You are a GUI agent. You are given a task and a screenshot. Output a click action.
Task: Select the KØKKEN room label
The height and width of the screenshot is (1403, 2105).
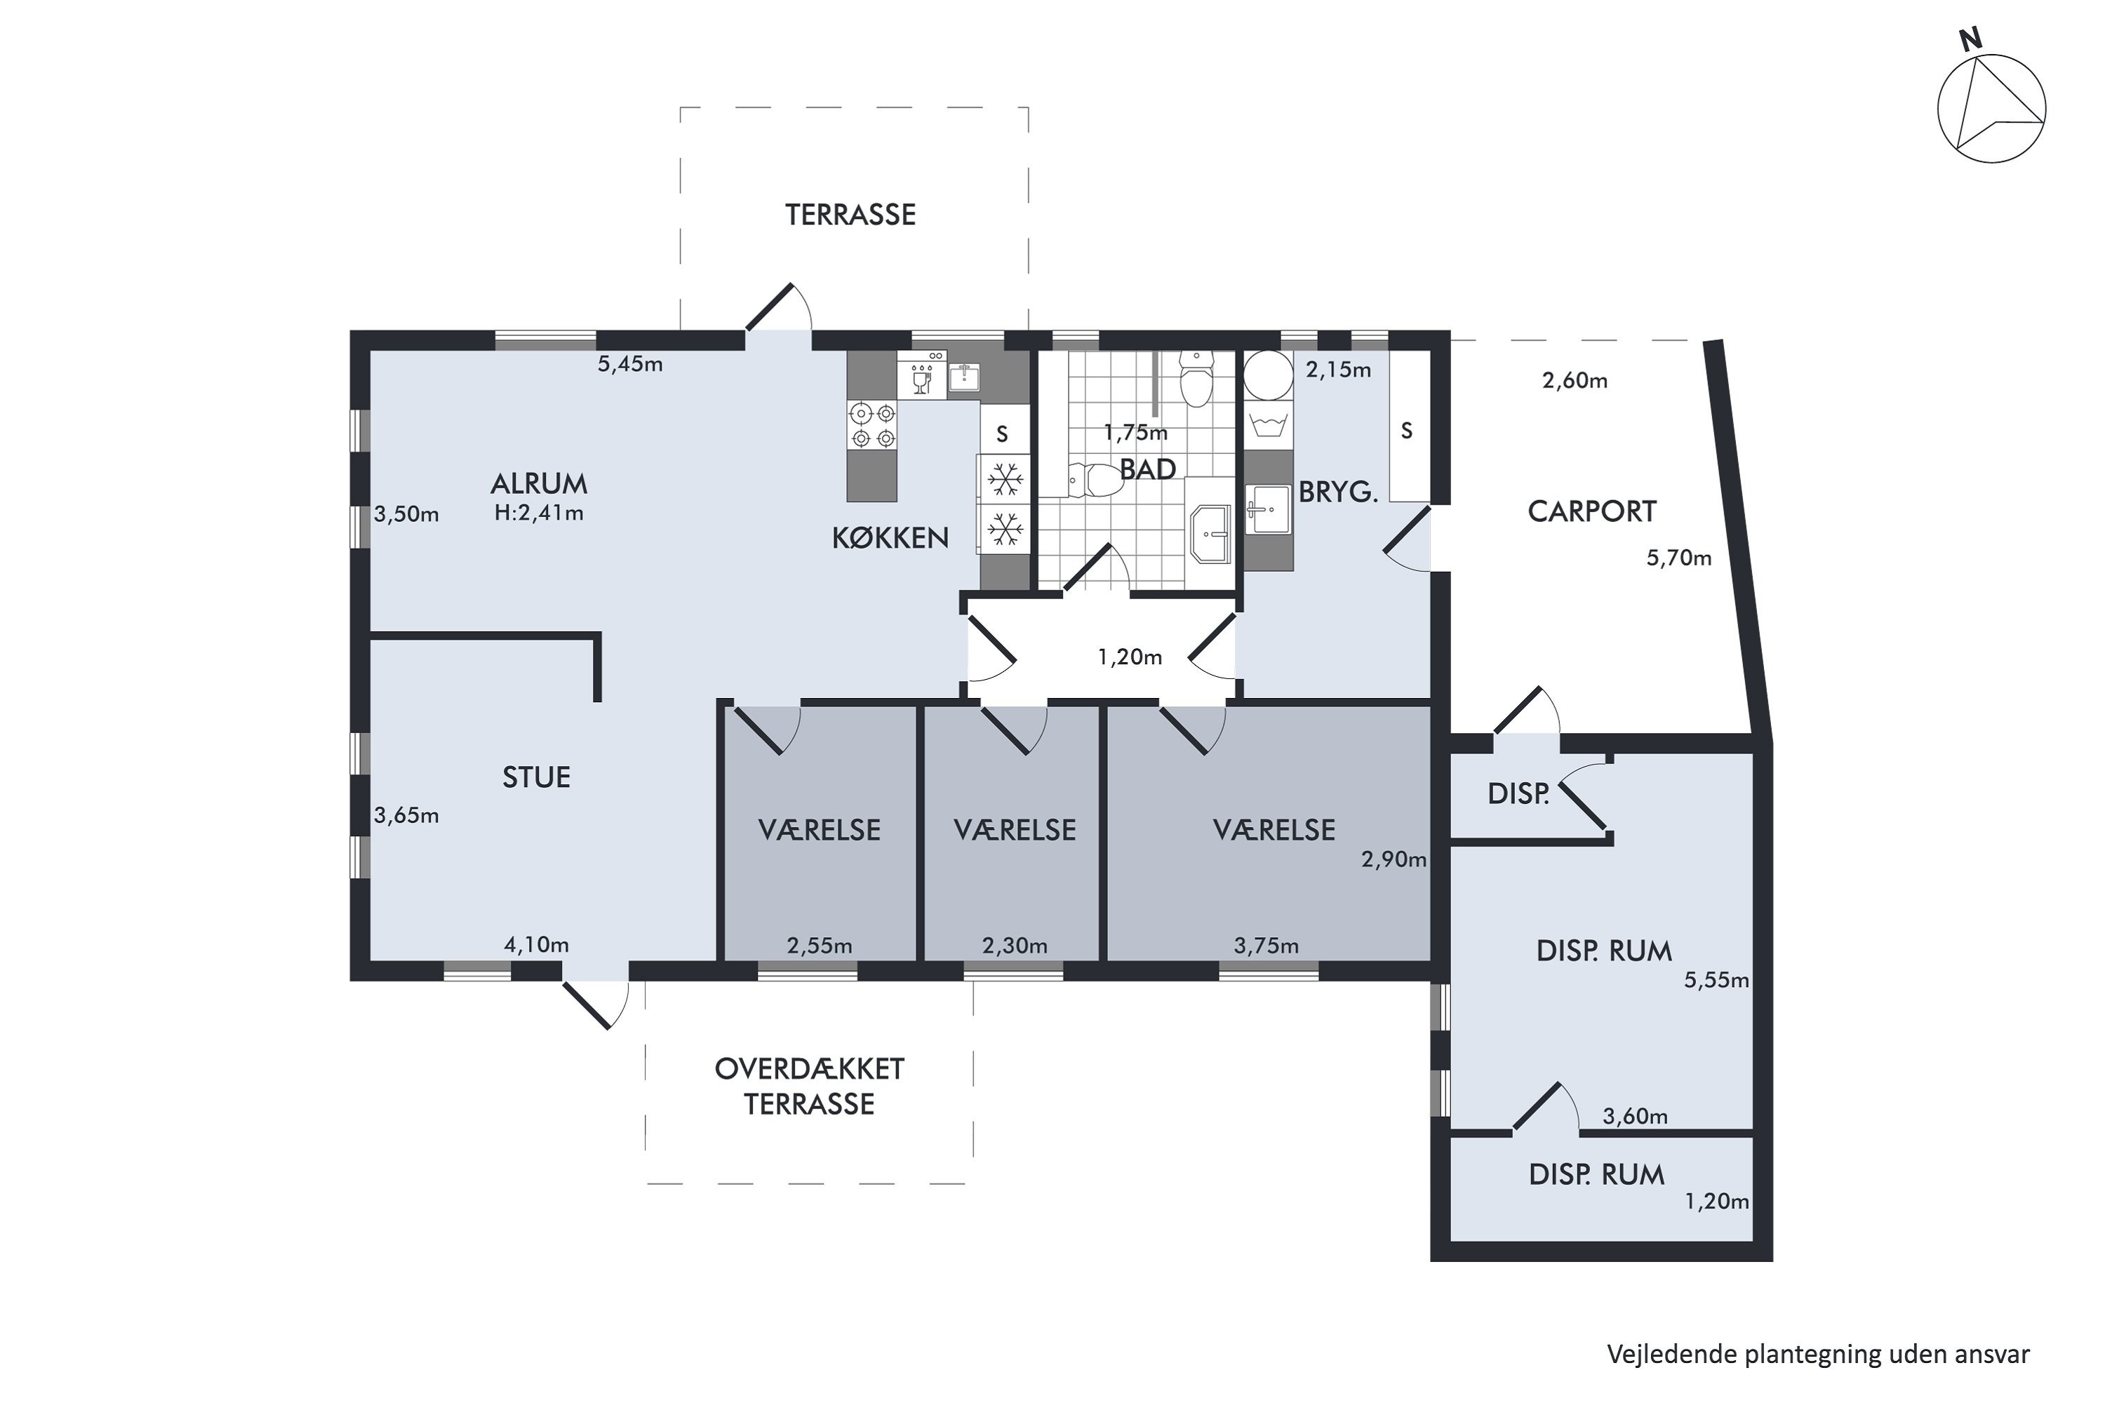(x=890, y=538)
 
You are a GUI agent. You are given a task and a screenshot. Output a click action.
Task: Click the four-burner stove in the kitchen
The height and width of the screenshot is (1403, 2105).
(x=873, y=426)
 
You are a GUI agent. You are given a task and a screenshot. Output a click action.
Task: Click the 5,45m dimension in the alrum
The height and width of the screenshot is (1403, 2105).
(x=630, y=364)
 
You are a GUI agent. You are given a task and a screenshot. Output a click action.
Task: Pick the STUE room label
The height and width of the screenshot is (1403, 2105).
(x=536, y=777)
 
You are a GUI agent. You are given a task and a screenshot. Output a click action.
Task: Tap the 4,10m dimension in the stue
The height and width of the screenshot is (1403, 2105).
(x=536, y=945)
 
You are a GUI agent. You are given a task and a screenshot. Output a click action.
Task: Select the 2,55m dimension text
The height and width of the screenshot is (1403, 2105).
(x=819, y=946)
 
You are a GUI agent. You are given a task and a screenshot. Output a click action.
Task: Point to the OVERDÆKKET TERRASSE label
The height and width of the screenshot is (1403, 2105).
(x=809, y=1086)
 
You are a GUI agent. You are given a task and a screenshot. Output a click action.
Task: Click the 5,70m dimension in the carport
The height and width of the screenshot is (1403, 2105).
(x=1679, y=558)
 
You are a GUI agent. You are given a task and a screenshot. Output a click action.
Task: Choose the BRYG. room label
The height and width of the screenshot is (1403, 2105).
(x=1337, y=492)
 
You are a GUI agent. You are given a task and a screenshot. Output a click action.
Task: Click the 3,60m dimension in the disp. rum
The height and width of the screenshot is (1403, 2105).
(x=1635, y=1117)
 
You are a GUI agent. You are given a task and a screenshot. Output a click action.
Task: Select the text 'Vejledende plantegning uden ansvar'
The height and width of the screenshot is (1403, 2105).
(x=1818, y=1354)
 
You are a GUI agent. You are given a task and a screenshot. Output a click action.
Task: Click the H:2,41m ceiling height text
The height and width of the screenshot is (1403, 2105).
(x=539, y=513)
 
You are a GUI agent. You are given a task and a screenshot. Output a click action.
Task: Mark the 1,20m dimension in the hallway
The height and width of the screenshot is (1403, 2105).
(x=1130, y=658)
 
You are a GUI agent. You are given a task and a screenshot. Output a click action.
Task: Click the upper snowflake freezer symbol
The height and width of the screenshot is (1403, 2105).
(x=1005, y=481)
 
